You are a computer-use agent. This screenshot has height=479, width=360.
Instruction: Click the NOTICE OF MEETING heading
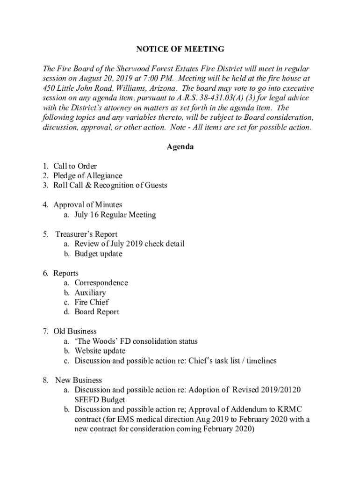tap(180, 49)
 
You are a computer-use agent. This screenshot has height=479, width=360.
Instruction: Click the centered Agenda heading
tap(180, 147)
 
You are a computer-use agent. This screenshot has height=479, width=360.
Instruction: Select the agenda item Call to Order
tap(75, 166)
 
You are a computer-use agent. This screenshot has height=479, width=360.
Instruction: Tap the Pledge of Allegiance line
tap(87, 176)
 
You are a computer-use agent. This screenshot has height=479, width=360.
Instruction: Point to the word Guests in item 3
tap(154, 185)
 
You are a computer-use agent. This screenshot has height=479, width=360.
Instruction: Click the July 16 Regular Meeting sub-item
tap(115, 215)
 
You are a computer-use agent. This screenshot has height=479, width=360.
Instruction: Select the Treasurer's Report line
tap(86, 234)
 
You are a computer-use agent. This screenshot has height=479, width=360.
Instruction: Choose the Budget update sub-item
tap(98, 254)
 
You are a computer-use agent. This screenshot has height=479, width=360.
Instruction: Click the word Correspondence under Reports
tap(101, 283)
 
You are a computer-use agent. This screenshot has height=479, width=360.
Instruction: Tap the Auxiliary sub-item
tap(90, 292)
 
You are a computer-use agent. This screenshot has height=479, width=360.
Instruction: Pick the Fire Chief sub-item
tap(91, 302)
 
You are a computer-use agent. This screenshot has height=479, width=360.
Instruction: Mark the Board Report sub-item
tap(97, 312)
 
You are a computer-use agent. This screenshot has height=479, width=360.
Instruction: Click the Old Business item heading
tap(75, 331)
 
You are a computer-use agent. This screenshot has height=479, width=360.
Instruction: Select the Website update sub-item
tap(100, 351)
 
